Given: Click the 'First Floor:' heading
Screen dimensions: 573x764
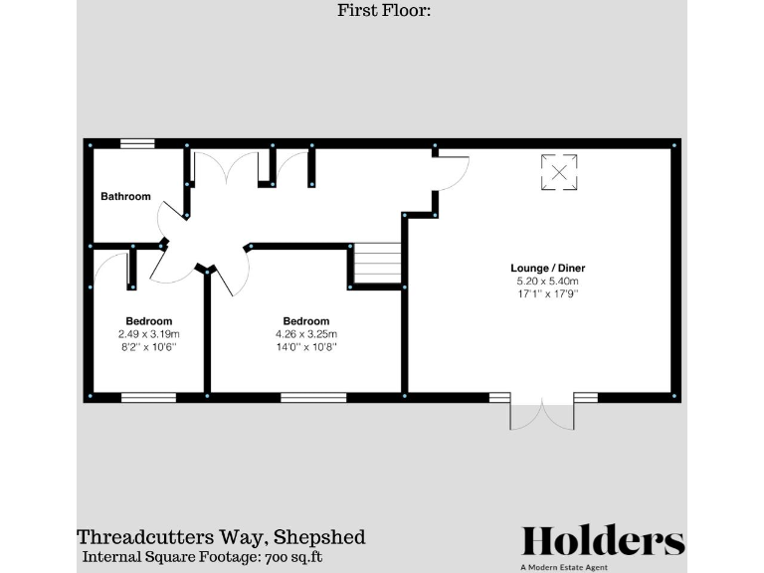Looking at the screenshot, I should click(381, 12).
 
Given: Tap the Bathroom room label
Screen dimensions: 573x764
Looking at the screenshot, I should click(125, 197).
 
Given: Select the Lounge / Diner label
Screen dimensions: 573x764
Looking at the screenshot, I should click(542, 269).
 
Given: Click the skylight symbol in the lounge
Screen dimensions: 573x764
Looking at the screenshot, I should click(560, 172).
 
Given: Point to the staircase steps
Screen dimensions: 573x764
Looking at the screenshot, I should click(377, 265).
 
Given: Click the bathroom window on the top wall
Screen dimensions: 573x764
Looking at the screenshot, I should click(137, 144).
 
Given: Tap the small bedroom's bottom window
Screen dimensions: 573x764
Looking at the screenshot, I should click(148, 397).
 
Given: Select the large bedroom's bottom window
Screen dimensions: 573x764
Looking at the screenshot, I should click(312, 397).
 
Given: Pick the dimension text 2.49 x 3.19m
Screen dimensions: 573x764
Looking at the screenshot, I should click(148, 334).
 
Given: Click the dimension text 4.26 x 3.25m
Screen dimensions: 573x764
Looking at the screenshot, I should click(305, 334).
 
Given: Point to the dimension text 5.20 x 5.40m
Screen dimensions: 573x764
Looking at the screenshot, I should click(542, 282).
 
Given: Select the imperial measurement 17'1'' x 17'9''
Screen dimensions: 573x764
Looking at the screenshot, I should click(542, 294).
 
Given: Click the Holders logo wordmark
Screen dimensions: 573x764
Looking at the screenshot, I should click(603, 541).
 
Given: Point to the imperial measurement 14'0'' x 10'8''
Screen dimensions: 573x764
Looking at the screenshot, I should click(305, 347).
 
